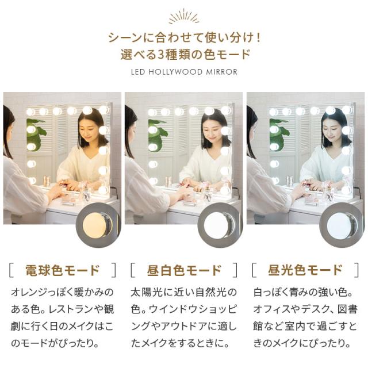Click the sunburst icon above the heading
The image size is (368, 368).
[184, 17]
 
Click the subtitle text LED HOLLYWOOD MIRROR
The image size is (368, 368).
[184, 72]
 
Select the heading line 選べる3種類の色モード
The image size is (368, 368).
[184, 55]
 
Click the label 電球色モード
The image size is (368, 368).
[63, 270]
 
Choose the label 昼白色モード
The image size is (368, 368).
[184, 270]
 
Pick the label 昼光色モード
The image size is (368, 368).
[305, 270]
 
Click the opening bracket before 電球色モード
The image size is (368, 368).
[11, 270]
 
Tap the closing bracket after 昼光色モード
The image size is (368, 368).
[357, 270]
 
